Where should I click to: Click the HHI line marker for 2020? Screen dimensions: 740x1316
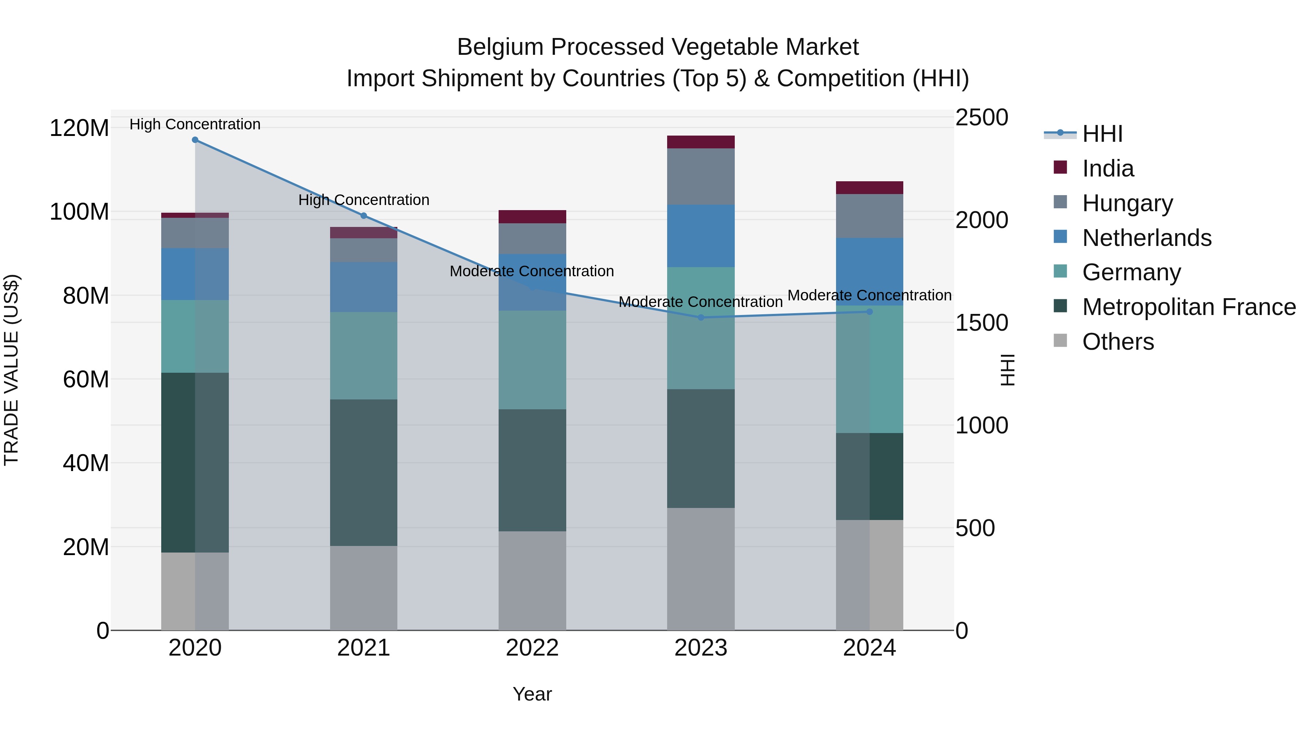tap(195, 140)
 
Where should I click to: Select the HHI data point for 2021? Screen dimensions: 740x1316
tap(364, 216)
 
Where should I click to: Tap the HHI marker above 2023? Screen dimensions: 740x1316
tap(701, 318)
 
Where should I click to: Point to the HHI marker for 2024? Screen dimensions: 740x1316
tap(870, 312)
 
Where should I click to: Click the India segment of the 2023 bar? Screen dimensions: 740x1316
tap(701, 142)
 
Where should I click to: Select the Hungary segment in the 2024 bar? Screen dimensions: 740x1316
tap(870, 216)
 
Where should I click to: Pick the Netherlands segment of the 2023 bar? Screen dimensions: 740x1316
tap(701, 236)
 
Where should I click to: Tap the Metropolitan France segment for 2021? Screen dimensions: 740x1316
tap(364, 473)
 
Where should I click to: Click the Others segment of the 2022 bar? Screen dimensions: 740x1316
tap(532, 581)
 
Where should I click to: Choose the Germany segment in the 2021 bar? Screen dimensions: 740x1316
tap(364, 356)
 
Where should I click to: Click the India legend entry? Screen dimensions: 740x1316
tap(1108, 168)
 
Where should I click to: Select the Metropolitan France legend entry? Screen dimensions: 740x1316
tap(1188, 307)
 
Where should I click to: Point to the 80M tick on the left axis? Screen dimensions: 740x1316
tap(86, 296)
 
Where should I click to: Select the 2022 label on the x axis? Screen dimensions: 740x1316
tap(532, 648)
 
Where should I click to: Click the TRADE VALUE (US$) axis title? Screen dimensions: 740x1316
tap(11, 370)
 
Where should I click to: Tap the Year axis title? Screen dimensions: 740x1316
tap(532, 694)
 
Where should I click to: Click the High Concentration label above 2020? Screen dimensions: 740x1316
tap(195, 124)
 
